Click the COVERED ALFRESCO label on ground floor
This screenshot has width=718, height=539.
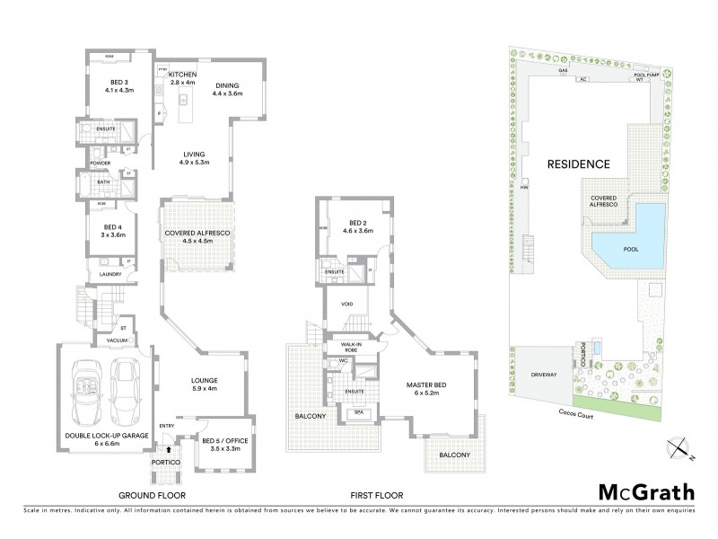coord(197,236)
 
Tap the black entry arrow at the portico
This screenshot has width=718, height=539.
coord(167,447)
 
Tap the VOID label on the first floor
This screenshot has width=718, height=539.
coord(346,304)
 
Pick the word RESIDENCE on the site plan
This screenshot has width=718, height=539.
coord(579,164)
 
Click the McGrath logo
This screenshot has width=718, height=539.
coord(645,493)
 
